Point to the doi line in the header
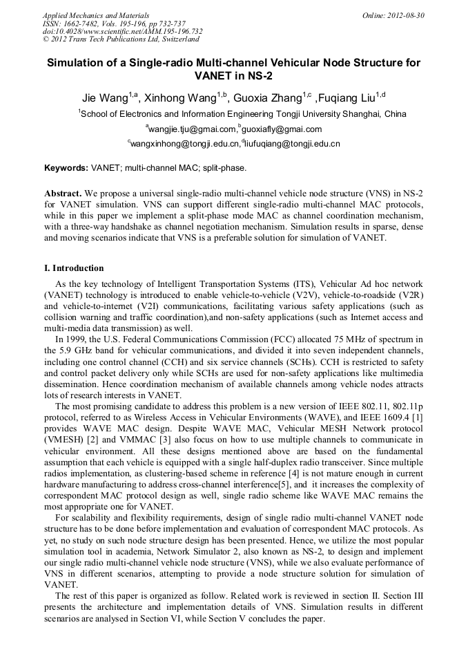click(x=123, y=31)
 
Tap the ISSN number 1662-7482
click(x=86, y=23)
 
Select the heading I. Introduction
click(x=74, y=268)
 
